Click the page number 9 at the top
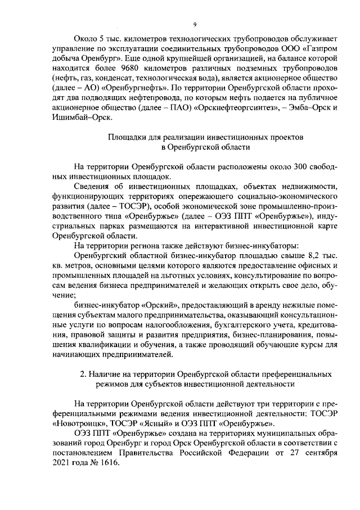click(x=194, y=24)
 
